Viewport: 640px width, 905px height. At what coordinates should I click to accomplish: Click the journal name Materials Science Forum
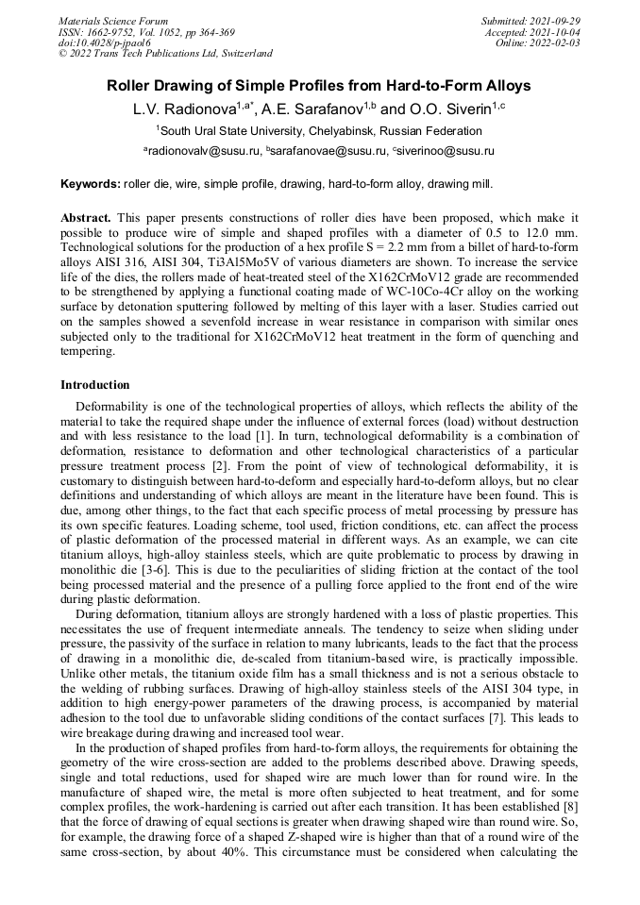113,21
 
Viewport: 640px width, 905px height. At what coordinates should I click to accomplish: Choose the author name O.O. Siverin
451,109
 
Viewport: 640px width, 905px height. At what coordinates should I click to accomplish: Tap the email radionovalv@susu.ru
203,151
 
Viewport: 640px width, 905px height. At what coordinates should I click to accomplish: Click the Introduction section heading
95,385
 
